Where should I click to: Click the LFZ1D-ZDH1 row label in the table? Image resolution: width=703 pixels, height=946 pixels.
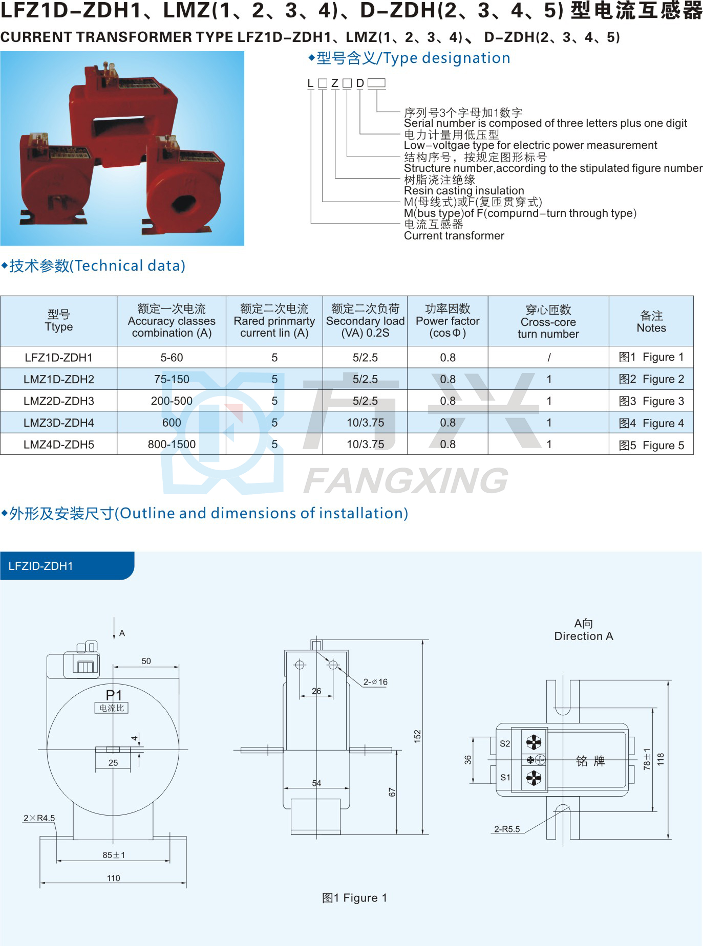coord(58,358)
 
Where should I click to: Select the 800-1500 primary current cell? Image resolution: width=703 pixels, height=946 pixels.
coord(172,445)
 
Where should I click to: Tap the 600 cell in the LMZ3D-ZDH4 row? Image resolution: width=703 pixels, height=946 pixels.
coord(172,423)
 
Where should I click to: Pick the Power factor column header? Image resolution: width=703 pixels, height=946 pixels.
coord(448,321)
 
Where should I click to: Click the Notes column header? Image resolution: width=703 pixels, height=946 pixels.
coord(651,322)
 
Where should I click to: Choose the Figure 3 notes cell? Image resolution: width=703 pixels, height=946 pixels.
coord(651,401)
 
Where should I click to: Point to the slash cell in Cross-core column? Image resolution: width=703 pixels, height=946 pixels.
coord(549,358)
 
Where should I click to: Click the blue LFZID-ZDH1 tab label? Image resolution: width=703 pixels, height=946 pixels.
coord(41,566)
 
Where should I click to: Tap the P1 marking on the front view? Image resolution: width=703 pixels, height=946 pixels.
coord(114,695)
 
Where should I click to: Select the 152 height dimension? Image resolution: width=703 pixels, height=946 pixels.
coord(417,737)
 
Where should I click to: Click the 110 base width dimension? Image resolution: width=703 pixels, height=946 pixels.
coord(113,878)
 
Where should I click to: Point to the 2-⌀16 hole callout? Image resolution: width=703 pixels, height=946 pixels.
coord(375,682)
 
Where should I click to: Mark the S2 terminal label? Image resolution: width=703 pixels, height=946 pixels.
coord(505,743)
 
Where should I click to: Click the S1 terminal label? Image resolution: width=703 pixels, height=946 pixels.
coord(505,777)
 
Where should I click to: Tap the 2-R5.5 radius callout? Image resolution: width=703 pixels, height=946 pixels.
coord(507,829)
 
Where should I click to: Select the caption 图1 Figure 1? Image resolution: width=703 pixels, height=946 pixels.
coord(354,898)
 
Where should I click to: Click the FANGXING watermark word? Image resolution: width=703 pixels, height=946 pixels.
coord(406,480)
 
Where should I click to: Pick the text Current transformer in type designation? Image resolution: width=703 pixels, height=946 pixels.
coord(454,236)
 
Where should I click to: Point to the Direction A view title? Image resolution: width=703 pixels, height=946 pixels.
coord(584,636)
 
